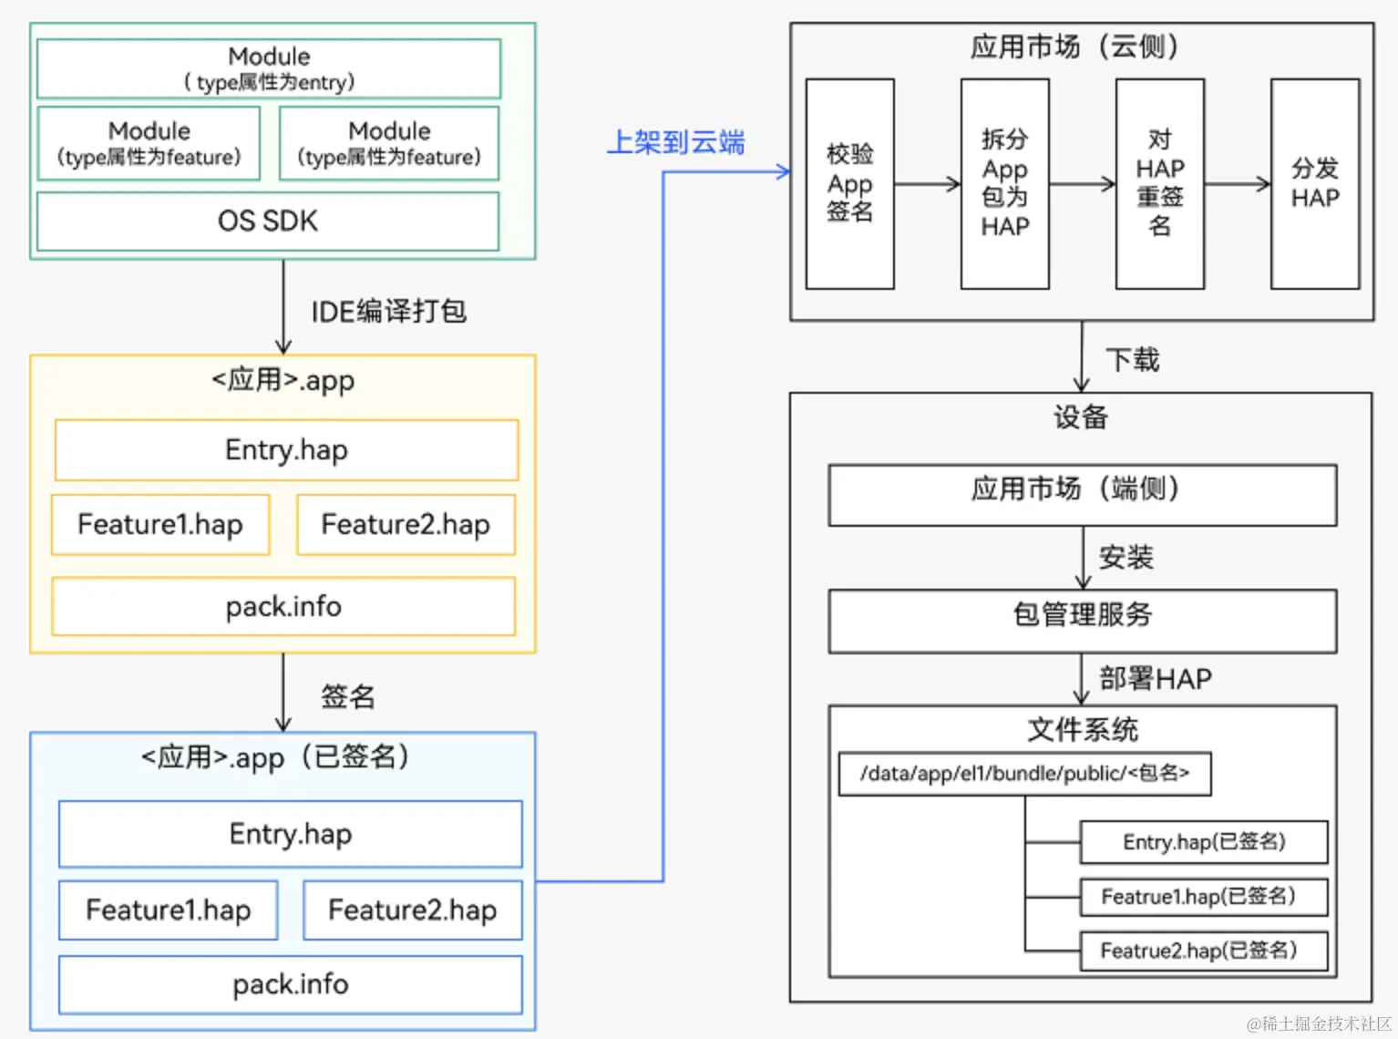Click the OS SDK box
pyautogui.click(x=268, y=221)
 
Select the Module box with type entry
pyautogui.click(x=269, y=68)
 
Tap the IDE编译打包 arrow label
pyautogui.click(x=388, y=312)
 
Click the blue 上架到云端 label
pyautogui.click(x=676, y=142)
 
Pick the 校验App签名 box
pyautogui.click(x=849, y=183)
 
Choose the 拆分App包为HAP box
pyautogui.click(x=1004, y=183)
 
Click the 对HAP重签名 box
pyautogui.click(x=1159, y=183)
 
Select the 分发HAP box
pyautogui.click(x=1315, y=183)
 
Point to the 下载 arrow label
pyautogui.click(x=1132, y=359)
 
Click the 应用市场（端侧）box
pyautogui.click(x=1082, y=495)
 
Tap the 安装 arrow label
pyautogui.click(x=1126, y=557)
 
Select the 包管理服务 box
pyautogui.click(x=1082, y=621)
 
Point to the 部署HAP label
pyautogui.click(x=1155, y=679)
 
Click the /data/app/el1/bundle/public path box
pyautogui.click(x=1024, y=774)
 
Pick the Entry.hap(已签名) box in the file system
pyautogui.click(x=1203, y=842)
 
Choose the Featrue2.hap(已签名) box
pyautogui.click(x=1203, y=952)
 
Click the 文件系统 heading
pyautogui.click(x=1082, y=729)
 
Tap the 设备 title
pyautogui.click(x=1081, y=417)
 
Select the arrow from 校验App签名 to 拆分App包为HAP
pyautogui.click(x=927, y=184)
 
